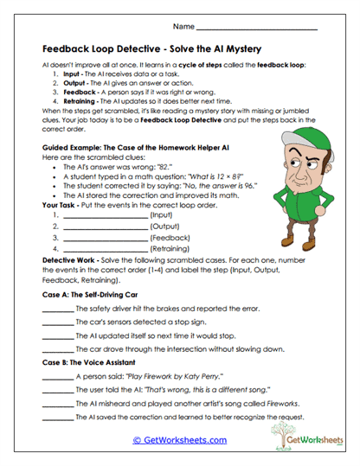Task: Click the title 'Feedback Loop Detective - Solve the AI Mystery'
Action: [x=151, y=48]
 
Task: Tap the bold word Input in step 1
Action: [x=74, y=75]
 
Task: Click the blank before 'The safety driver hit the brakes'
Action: [x=57, y=310]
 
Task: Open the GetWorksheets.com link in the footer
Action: [x=179, y=440]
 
